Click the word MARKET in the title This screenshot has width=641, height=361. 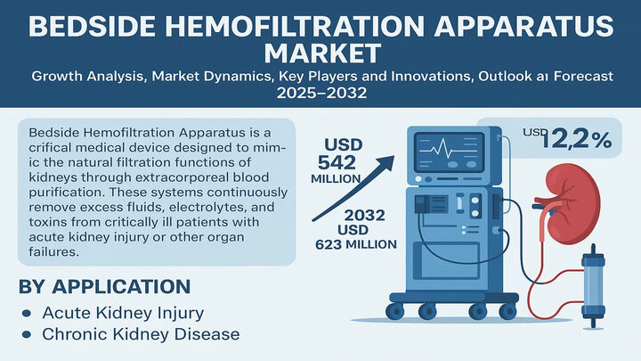click(322, 53)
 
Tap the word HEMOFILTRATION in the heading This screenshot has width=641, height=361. click(286, 26)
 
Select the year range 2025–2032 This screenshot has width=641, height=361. click(321, 93)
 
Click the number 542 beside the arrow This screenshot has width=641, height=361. click(337, 163)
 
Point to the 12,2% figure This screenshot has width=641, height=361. click(576, 141)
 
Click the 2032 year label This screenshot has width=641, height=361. click(365, 216)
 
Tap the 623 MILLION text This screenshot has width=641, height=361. click(355, 245)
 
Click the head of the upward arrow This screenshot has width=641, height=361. click(386, 161)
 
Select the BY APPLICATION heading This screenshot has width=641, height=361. click(105, 286)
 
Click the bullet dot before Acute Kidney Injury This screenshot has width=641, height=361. click(27, 314)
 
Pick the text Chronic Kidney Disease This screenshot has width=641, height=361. click(141, 334)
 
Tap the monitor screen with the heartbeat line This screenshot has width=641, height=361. click(449, 152)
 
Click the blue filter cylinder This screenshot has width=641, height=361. click(593, 286)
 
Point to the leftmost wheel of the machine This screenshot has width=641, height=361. click(395, 311)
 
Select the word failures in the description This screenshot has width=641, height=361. click(53, 251)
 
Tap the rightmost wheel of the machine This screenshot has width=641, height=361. click(507, 311)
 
